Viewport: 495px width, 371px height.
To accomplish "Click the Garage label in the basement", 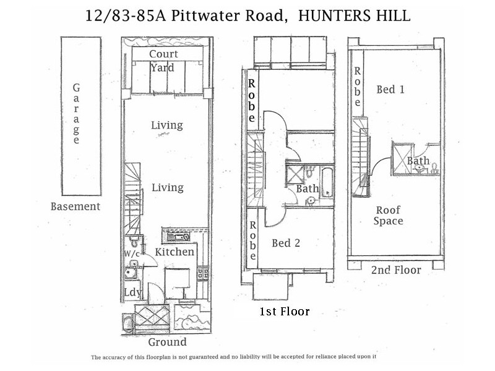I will [77, 114].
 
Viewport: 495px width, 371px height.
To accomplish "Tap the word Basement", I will [75, 207].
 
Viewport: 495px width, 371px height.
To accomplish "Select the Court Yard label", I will [164, 61].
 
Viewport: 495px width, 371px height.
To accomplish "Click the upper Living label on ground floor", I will [167, 126].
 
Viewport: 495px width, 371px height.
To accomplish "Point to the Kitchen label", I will [174, 252].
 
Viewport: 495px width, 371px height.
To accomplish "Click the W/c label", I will [131, 254].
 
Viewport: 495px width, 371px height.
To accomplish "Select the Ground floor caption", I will [167, 342].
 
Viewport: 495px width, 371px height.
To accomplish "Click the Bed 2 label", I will [286, 244].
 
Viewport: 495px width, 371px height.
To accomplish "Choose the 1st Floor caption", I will [285, 311].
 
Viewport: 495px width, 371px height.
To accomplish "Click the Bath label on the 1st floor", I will [307, 189].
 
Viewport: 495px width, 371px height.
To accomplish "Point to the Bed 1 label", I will [390, 90].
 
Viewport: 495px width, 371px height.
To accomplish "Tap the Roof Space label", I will [388, 216].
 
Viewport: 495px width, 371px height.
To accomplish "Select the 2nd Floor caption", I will [396, 270].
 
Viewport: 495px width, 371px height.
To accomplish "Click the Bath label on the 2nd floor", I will [418, 161].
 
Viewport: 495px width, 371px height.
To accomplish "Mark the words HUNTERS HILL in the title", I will [355, 15].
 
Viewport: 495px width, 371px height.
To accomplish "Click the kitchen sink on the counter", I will [179, 236].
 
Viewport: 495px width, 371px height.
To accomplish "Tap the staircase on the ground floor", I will [133, 195].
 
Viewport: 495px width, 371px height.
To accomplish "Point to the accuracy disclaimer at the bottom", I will [234, 357].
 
